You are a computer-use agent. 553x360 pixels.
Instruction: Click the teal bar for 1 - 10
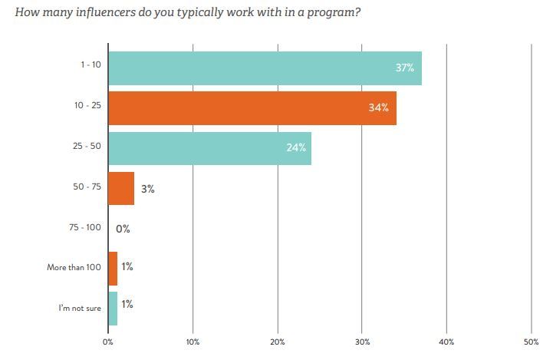click(x=265, y=68)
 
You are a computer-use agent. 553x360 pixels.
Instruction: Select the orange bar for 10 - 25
click(x=252, y=107)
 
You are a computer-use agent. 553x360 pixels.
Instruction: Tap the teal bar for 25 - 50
click(x=209, y=147)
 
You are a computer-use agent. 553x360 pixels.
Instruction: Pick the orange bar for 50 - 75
click(x=121, y=188)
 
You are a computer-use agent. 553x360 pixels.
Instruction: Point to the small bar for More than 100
click(x=113, y=268)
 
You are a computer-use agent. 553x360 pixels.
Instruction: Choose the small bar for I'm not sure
click(x=113, y=308)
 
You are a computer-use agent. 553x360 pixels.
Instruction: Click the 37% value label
click(x=405, y=68)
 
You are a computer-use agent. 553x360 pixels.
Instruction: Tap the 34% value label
click(x=378, y=107)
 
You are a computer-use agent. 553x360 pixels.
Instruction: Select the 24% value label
click(x=296, y=147)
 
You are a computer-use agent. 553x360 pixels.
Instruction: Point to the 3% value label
click(x=147, y=188)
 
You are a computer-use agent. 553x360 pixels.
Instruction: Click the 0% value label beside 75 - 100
click(x=123, y=228)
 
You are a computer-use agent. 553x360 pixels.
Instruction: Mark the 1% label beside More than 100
click(x=127, y=267)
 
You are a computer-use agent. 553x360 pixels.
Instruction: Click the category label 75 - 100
click(x=85, y=228)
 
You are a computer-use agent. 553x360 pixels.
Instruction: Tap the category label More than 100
click(x=74, y=268)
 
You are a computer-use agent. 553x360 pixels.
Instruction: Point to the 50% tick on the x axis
click(x=531, y=342)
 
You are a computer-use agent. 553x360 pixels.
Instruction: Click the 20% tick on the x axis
click(x=278, y=342)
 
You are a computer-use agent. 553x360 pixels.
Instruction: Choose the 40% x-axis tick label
click(x=446, y=342)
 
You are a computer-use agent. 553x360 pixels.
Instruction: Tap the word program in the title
click(x=331, y=13)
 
